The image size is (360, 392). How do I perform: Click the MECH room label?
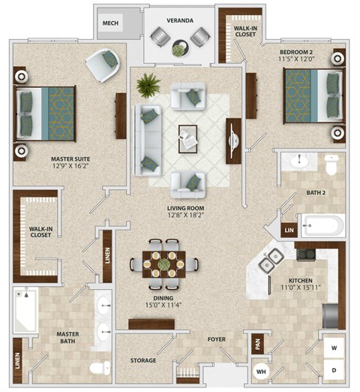[x=110, y=23]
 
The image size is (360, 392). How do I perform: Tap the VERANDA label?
[x=180, y=20]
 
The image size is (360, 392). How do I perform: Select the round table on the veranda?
[x=180, y=50]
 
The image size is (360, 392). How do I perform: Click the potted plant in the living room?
[x=148, y=84]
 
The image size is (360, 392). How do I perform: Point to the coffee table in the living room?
[x=187, y=138]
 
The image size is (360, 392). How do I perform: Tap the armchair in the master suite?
[x=103, y=65]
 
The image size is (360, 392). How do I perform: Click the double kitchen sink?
[x=270, y=261]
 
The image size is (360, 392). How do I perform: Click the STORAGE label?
[x=142, y=360]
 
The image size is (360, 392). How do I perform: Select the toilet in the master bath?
[x=99, y=367]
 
